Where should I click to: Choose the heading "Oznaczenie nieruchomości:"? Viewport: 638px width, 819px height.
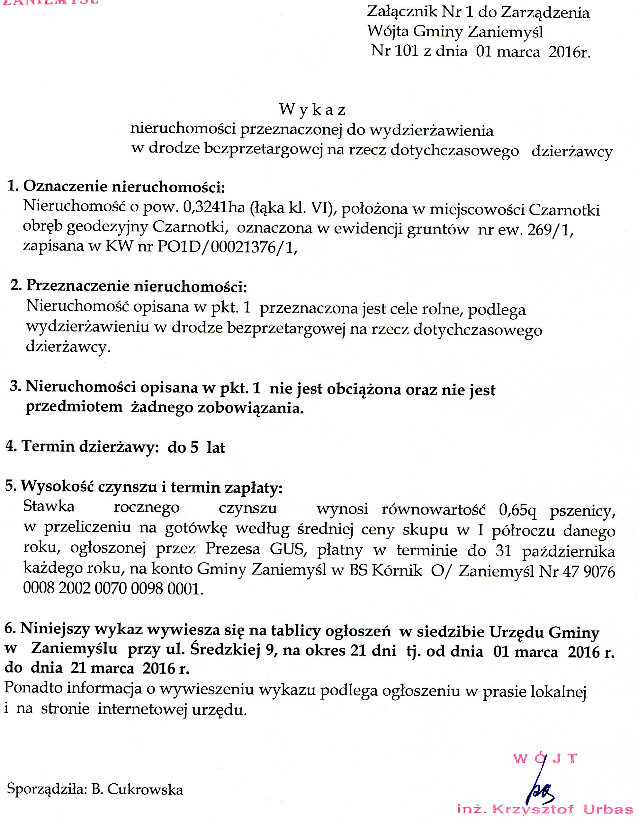coord(124,186)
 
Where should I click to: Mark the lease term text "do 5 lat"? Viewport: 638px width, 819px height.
coord(196,448)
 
